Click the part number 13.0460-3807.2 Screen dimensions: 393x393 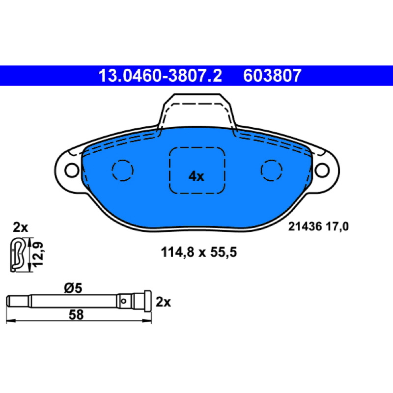(x=160, y=76)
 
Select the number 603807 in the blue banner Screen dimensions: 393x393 (x=272, y=76)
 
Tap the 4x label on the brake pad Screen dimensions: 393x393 (x=196, y=176)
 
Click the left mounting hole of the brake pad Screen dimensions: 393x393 (x=72, y=170)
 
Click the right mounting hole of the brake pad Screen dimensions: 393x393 (x=322, y=170)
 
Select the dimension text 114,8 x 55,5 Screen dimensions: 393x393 (x=199, y=252)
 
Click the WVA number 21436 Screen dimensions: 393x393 (x=305, y=226)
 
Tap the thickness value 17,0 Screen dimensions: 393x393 (x=337, y=226)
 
